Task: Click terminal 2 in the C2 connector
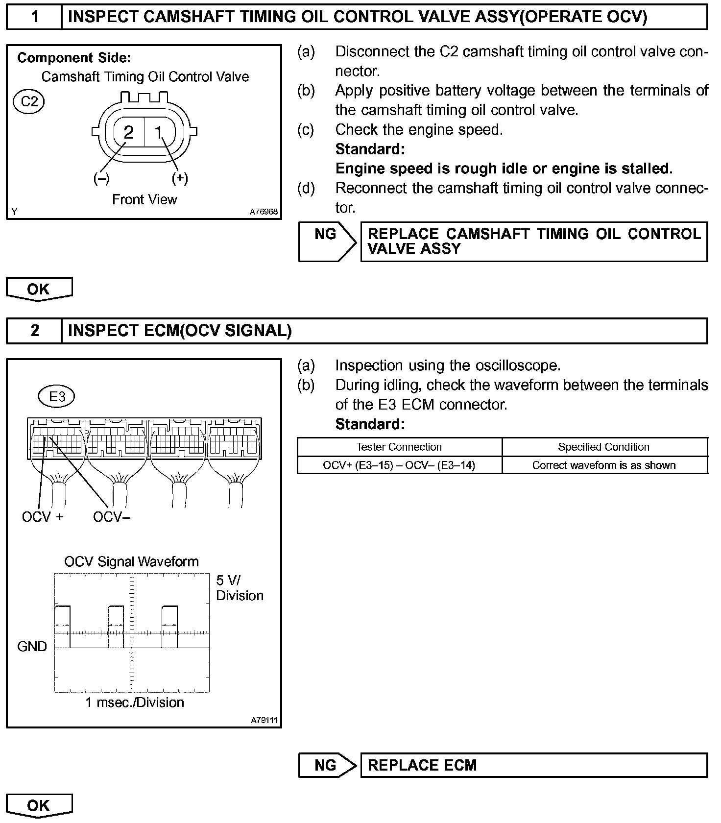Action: (128, 132)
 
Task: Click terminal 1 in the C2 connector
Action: (158, 132)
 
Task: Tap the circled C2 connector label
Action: (29, 101)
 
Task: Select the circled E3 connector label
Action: (57, 396)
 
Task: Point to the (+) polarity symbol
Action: (180, 178)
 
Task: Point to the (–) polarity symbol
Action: (101, 178)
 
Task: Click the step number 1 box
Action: (34, 17)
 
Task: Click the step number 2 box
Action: (34, 331)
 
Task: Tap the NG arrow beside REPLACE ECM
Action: (327, 765)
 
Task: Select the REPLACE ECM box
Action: (534, 765)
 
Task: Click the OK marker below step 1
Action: (39, 289)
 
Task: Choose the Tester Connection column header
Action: (399, 447)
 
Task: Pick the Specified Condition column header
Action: (603, 447)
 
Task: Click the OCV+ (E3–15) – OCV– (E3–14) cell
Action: (399, 465)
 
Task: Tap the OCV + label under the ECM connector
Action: (43, 517)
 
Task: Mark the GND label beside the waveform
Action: (32, 647)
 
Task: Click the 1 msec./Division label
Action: (135, 702)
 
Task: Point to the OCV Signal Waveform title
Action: (131, 561)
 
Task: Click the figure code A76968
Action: (264, 212)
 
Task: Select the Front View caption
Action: (144, 199)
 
